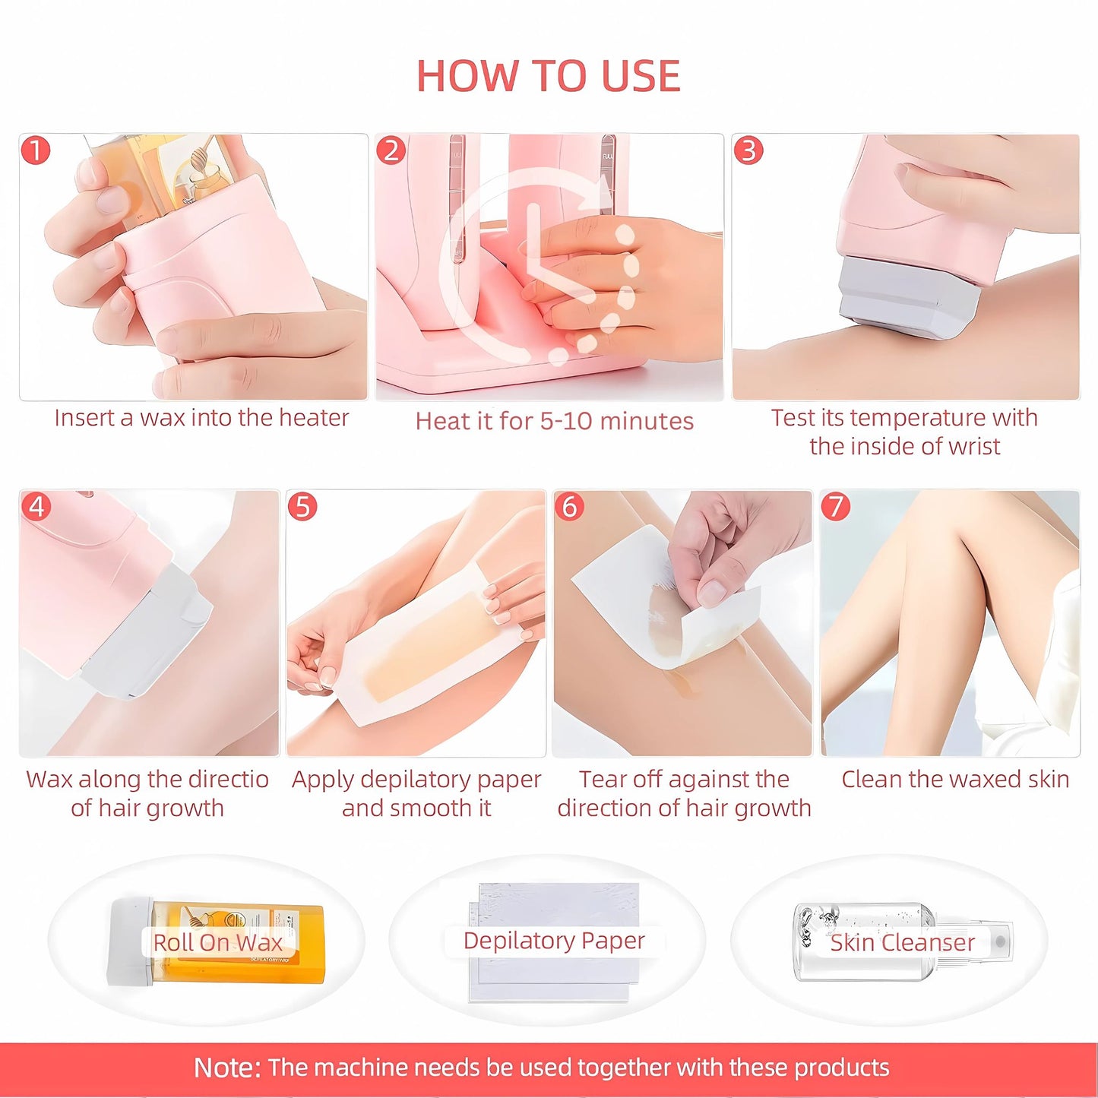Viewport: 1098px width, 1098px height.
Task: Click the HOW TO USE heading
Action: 549,76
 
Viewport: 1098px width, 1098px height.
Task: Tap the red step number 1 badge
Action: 35,150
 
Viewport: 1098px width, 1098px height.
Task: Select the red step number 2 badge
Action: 391,150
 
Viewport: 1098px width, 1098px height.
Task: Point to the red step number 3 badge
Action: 748,150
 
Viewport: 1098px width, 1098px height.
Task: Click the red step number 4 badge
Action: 36,506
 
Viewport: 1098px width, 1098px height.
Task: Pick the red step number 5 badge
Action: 302,506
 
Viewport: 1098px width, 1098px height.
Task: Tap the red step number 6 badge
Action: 569,506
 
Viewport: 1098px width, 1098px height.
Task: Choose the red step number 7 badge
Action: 836,506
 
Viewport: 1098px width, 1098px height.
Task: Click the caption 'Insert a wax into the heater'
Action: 201,418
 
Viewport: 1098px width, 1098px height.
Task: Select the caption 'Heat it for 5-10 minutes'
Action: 554,421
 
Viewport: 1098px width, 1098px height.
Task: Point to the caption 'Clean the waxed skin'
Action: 955,779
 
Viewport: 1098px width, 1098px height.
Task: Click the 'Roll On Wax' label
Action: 217,942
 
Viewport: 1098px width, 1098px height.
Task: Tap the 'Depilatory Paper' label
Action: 554,940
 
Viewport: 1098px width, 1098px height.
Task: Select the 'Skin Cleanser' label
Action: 902,942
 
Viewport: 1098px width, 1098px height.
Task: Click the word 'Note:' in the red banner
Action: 226,1068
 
